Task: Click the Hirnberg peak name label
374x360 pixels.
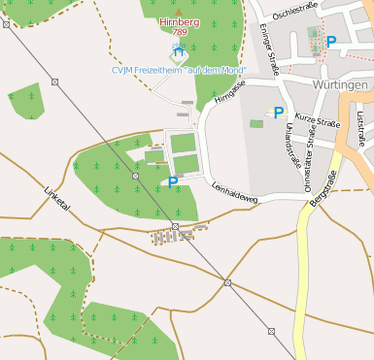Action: pos(179,21)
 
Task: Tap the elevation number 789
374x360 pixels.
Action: pos(179,32)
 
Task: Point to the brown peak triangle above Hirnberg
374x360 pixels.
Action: pos(178,11)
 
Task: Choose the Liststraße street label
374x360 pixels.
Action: pos(360,129)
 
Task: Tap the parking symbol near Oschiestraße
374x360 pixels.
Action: pos(331,42)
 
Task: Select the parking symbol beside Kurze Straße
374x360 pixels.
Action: pos(279,113)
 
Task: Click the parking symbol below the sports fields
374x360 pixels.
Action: pos(173,181)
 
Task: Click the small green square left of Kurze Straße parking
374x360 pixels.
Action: pos(256,123)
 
